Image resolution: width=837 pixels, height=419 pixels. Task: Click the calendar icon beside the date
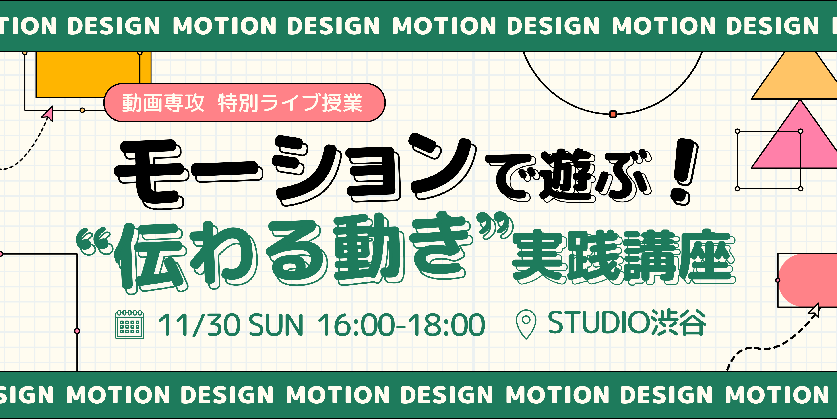click(130, 324)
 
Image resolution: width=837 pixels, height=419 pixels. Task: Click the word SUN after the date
click(276, 324)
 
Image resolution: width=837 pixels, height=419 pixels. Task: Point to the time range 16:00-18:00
click(401, 324)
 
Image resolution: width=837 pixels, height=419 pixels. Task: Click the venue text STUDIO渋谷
click(627, 323)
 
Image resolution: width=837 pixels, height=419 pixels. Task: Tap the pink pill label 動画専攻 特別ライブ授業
click(244, 102)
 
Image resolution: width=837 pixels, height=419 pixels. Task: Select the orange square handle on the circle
click(613, 114)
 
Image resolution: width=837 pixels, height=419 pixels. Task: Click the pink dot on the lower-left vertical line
click(77, 331)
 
